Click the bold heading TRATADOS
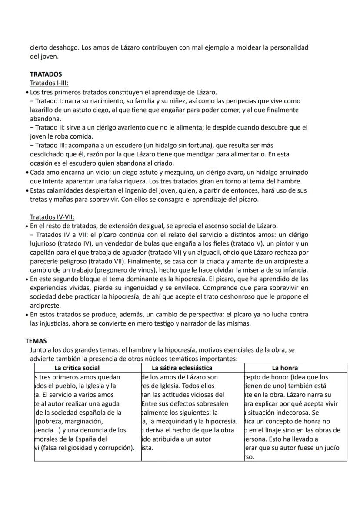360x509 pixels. (x=46, y=74)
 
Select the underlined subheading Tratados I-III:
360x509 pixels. (x=49, y=83)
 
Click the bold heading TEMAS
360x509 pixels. (x=38, y=341)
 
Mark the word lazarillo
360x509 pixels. (x=43, y=110)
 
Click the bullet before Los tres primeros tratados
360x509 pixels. (x=27, y=92)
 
